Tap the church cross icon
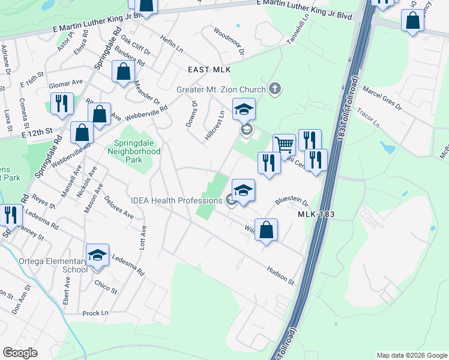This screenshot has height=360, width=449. (x=275, y=89)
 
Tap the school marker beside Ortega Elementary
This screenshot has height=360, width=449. (x=97, y=256)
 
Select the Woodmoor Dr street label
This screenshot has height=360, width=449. (x=229, y=41)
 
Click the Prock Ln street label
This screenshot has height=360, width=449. (x=95, y=313)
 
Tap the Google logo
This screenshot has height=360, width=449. (x=20, y=353)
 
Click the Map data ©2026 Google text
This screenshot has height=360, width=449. (x=412, y=355)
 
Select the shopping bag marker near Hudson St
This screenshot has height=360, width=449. (x=266, y=229)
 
